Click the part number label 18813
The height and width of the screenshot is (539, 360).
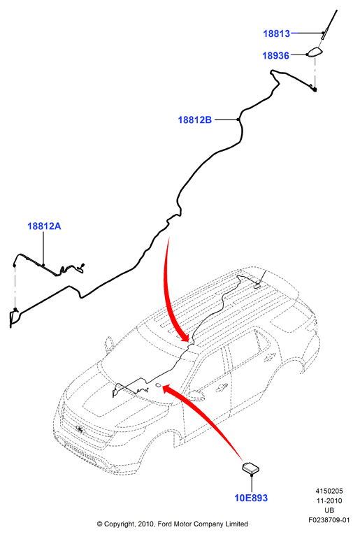tap(276, 34)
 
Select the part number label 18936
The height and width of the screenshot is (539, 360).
tap(275, 56)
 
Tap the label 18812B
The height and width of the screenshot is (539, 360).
tap(194, 120)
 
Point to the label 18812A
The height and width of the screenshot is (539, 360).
tap(44, 227)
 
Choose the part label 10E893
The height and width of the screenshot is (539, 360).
tap(251, 498)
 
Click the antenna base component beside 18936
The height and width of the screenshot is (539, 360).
tap(315, 52)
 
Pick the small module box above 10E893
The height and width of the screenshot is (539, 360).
tap(251, 468)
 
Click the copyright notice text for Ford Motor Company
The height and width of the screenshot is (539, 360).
tap(172, 524)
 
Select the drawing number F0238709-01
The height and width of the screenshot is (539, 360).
tap(329, 520)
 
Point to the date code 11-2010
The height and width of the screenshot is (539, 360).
tap(329, 501)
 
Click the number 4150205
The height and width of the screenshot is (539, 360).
tap(329, 491)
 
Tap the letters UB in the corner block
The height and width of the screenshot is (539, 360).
tap(329, 510)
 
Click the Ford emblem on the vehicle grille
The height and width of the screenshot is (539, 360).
tap(80, 429)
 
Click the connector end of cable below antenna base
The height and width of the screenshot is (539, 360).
tap(315, 89)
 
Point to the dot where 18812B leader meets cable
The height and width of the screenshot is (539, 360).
tap(238, 120)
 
